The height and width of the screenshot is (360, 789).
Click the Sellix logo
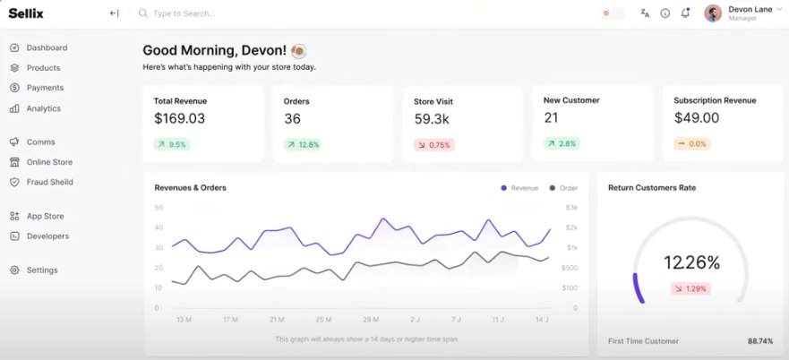coord(26,13)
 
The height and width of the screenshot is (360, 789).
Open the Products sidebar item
coord(43,68)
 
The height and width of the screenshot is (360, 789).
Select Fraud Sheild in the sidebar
coord(49,182)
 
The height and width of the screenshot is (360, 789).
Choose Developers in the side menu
coord(47,236)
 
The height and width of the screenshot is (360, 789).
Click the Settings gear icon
coord(14,270)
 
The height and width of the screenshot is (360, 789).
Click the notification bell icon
coord(685,13)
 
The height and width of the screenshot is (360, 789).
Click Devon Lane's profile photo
coord(713,13)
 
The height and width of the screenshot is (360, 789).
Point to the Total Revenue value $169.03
coord(179,118)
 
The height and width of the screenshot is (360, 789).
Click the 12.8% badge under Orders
coord(303,144)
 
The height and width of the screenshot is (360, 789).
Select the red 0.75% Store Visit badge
coord(433,144)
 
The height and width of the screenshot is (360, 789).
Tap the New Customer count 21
coord(551,117)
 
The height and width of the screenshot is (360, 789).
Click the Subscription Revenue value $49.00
coord(696,118)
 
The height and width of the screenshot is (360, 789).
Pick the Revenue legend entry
coord(519,188)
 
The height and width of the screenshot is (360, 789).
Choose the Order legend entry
coord(563,188)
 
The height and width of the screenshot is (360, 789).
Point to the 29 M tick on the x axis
coord(372,319)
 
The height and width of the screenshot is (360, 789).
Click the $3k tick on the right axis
coord(570,208)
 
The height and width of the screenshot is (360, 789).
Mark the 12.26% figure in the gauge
coord(691,262)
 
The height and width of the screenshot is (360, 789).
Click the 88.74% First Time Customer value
coord(760,341)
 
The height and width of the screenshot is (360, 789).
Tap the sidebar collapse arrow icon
coord(114,13)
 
